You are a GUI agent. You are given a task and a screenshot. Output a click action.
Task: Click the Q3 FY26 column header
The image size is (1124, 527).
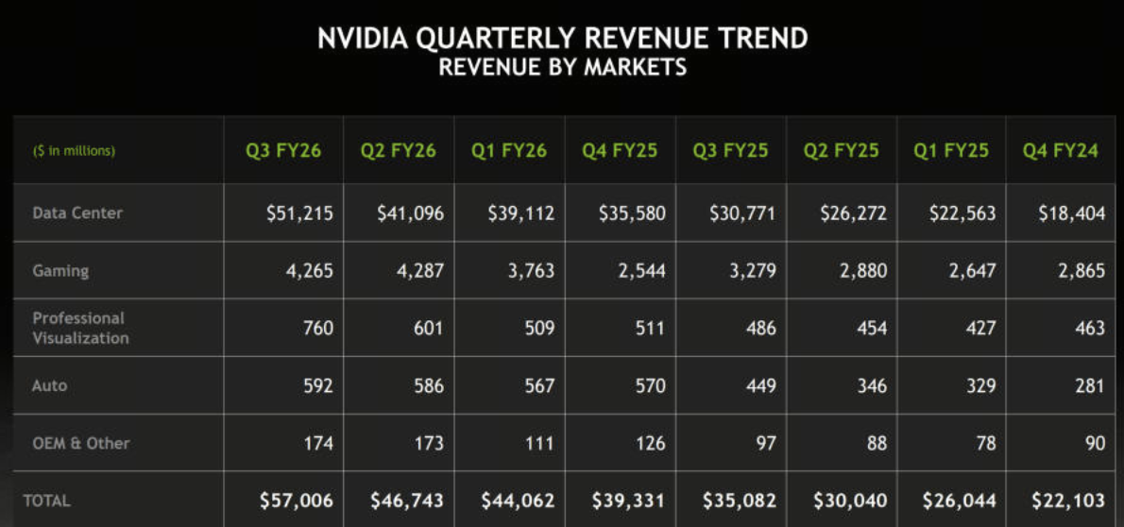(x=282, y=151)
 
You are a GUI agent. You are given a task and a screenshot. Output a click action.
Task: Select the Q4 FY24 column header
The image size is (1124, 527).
(x=1060, y=151)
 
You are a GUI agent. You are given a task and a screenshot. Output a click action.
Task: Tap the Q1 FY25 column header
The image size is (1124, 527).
(x=951, y=151)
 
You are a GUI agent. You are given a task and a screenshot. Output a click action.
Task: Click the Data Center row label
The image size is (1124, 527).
(x=77, y=212)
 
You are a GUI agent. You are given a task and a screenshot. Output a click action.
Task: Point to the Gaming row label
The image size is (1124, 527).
(x=60, y=271)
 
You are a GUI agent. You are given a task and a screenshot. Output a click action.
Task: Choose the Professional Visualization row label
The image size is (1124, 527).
(x=80, y=328)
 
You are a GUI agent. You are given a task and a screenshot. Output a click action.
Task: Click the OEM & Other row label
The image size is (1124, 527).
(x=81, y=443)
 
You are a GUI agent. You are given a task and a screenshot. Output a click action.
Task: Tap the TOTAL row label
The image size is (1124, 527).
(x=46, y=501)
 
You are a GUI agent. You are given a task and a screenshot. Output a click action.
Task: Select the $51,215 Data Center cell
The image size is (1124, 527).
(x=299, y=213)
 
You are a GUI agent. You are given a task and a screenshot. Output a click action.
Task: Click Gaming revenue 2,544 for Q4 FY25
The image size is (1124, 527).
(x=638, y=271)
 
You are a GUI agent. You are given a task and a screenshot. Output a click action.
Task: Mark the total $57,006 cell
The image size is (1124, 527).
(x=297, y=501)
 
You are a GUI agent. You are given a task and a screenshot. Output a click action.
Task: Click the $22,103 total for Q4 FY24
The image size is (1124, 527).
(x=1068, y=501)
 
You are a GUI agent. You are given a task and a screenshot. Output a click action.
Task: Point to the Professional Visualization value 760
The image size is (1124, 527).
(x=318, y=329)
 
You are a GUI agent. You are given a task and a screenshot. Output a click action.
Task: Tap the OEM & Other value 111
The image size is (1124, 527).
(x=539, y=443)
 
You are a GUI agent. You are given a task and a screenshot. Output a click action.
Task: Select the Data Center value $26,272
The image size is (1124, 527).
(x=853, y=213)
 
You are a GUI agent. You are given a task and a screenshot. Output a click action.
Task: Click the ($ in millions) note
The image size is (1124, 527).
(x=74, y=151)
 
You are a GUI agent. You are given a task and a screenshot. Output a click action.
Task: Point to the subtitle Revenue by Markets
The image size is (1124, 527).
(x=562, y=67)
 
